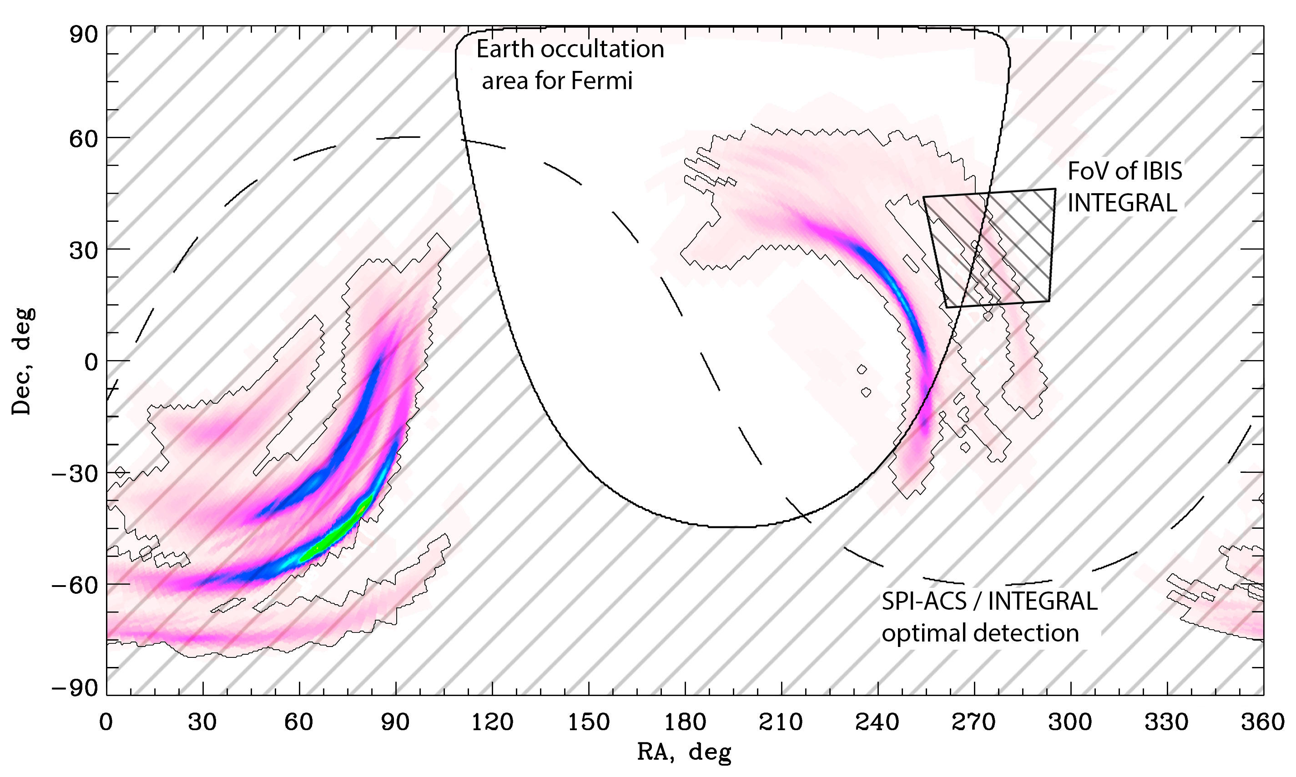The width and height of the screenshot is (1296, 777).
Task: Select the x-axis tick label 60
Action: point(299,723)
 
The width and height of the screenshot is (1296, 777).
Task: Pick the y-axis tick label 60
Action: point(84,138)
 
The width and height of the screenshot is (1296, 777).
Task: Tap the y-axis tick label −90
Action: point(76,688)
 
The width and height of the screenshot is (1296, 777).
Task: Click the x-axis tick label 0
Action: point(106,723)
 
